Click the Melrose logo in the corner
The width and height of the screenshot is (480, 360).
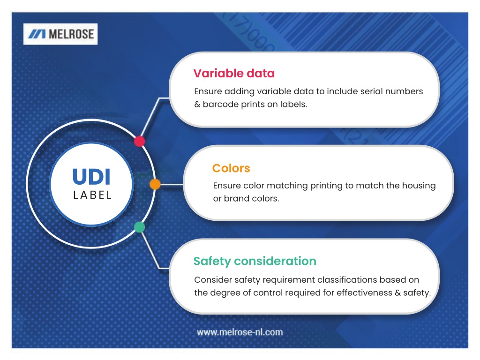(x=60, y=34)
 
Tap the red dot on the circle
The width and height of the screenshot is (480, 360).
(x=139, y=141)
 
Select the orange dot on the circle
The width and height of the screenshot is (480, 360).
(x=155, y=184)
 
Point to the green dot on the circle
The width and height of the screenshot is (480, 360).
(x=140, y=227)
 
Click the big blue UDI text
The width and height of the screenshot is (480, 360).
(x=91, y=177)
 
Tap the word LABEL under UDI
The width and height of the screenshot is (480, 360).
(x=92, y=195)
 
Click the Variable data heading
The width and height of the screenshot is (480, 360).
(x=234, y=74)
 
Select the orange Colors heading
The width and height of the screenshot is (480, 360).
(x=231, y=168)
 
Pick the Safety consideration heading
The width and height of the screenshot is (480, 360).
(x=255, y=261)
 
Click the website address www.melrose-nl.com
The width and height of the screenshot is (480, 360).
(x=240, y=332)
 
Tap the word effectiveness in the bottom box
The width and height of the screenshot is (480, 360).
(x=364, y=292)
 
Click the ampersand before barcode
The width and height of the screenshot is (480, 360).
(x=197, y=105)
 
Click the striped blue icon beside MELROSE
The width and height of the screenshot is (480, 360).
(x=37, y=34)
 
